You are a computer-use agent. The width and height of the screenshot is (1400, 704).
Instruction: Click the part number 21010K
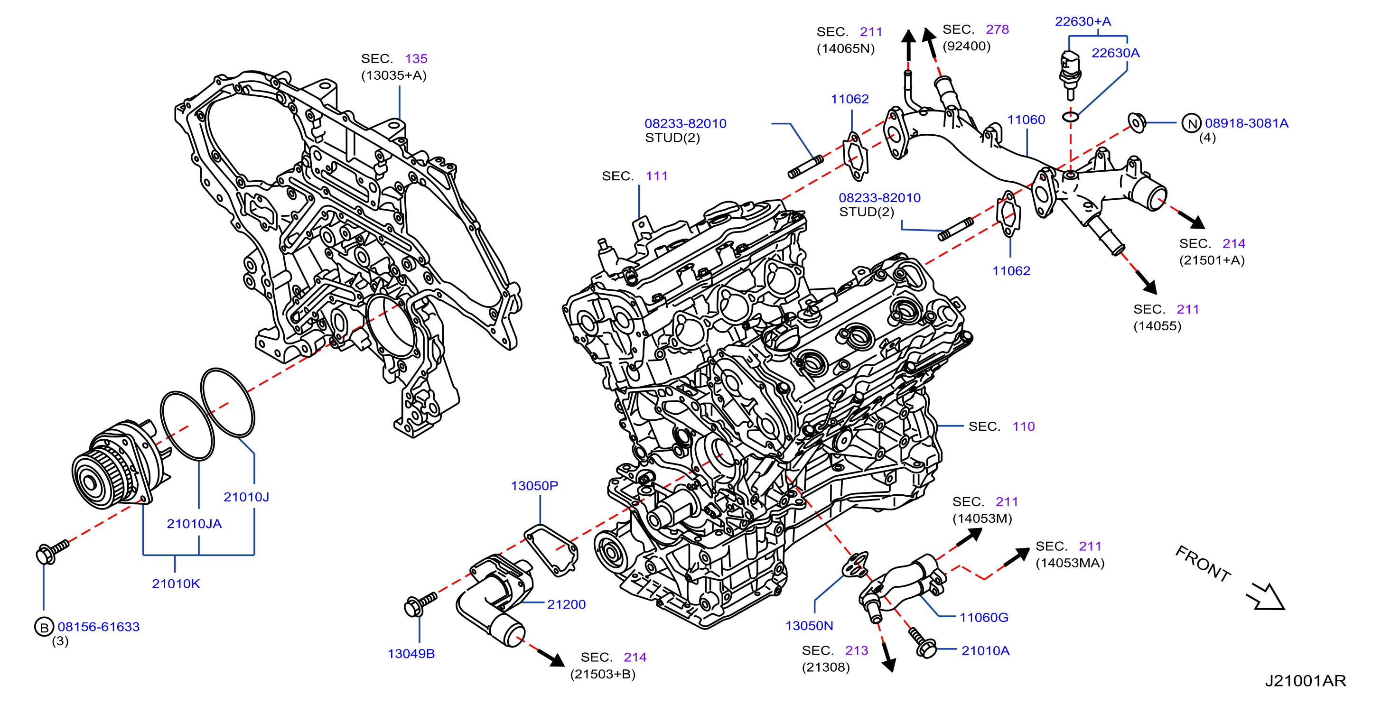(176, 584)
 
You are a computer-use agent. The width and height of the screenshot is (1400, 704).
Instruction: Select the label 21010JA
(194, 524)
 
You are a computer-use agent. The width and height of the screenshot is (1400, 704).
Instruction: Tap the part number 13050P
(534, 486)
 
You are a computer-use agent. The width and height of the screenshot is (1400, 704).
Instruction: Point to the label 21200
(566, 604)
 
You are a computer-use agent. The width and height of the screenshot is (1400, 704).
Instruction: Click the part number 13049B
(411, 654)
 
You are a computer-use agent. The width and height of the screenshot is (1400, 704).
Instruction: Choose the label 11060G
(984, 617)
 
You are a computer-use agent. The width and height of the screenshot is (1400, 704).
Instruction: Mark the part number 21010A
(985, 650)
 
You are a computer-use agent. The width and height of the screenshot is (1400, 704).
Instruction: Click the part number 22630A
(1115, 53)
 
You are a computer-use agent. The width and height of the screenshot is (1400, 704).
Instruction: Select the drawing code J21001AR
(1306, 681)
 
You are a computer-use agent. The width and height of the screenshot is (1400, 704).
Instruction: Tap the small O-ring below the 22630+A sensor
(1070, 116)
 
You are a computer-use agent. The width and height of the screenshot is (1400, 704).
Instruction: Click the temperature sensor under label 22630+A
(1070, 74)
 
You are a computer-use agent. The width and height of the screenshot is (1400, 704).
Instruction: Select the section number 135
(416, 59)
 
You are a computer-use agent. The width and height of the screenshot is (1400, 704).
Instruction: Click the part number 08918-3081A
(1246, 123)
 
